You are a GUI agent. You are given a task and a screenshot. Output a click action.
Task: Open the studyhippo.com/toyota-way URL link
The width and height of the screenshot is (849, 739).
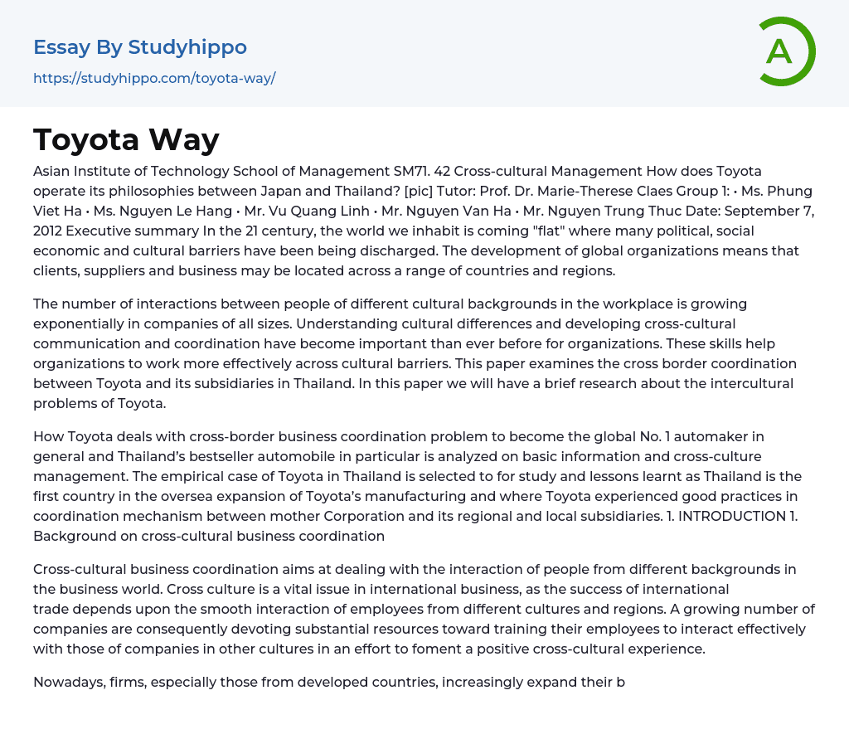click(x=154, y=79)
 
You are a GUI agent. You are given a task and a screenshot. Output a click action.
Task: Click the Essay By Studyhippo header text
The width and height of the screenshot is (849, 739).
click(x=140, y=47)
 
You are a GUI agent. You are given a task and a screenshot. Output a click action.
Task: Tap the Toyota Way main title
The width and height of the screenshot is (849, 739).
click(x=126, y=140)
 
